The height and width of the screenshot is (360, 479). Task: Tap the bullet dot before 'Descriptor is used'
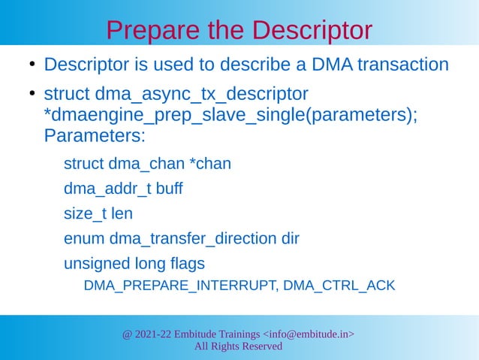pos(33,65)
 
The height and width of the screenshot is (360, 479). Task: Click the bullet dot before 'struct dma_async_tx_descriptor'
pos(33,95)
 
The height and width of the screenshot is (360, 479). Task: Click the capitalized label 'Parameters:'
pos(94,138)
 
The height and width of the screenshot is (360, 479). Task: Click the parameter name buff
pos(169,189)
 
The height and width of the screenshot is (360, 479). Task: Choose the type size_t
pos(85,213)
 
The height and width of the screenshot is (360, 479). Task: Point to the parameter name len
pos(122,213)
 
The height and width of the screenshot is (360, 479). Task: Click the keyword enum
pos(84,239)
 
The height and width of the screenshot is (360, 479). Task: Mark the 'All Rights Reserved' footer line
pos(238,346)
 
